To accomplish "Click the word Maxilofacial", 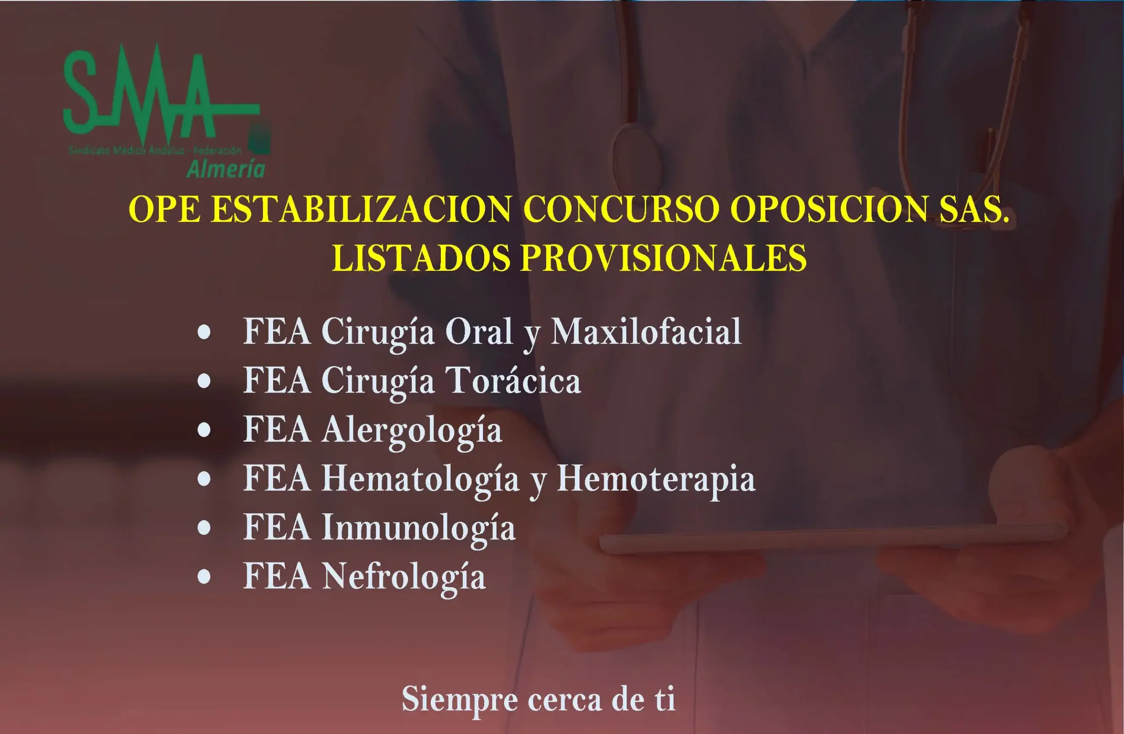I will (646, 332).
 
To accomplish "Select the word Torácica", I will (513, 381).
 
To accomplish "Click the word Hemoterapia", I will (656, 480).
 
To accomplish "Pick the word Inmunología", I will (418, 528).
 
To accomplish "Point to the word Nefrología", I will (404, 577).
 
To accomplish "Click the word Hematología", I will (420, 480).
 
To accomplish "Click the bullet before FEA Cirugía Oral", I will (204, 333).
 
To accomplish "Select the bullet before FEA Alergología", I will (204, 431).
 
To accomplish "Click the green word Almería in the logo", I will (226, 169).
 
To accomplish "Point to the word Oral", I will (479, 332).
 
